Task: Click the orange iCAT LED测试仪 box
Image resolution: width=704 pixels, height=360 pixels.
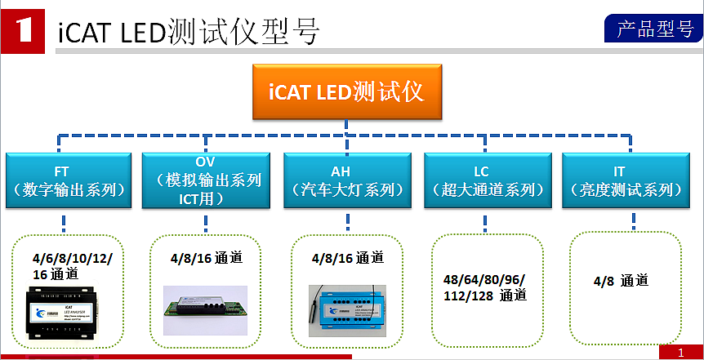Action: (346, 91)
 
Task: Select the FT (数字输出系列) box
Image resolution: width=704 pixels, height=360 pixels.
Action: (69, 180)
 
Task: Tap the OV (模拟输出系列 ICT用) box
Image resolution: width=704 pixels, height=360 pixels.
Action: (205, 180)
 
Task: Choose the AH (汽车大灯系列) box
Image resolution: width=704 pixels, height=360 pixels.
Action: (347, 180)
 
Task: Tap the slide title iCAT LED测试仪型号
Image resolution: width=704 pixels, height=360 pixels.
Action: (189, 32)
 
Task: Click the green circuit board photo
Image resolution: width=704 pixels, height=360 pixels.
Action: (204, 301)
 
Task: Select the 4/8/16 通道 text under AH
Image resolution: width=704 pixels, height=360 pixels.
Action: (347, 258)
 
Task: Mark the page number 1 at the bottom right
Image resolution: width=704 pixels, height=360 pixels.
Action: (680, 352)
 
